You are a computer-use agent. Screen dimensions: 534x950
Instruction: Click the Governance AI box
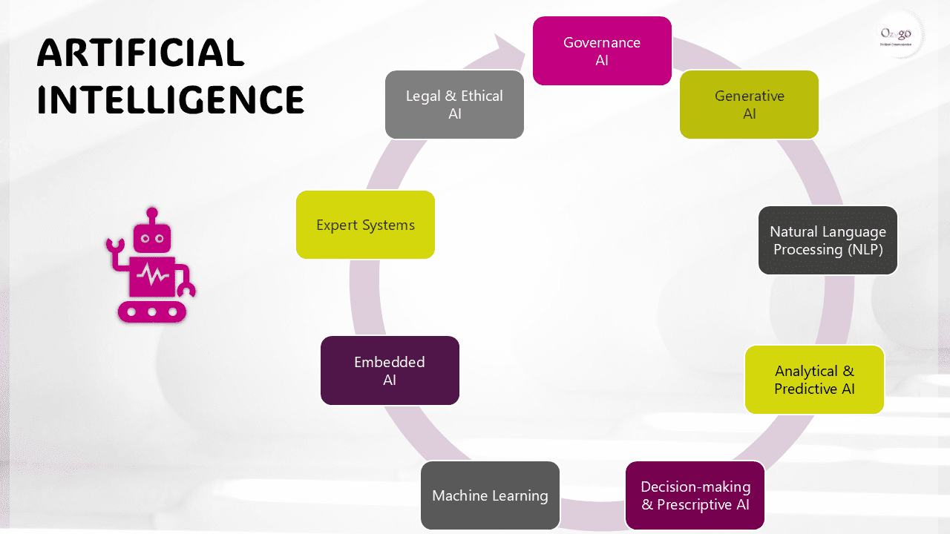tap(602, 50)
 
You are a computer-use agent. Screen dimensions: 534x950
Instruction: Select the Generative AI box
tap(749, 105)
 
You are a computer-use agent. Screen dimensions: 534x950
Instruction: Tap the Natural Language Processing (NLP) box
tap(828, 240)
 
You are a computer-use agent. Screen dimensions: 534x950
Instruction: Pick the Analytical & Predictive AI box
tap(814, 379)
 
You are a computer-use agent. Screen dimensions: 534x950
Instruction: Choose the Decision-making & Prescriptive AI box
tap(695, 495)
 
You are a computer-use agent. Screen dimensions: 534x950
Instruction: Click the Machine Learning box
tap(490, 495)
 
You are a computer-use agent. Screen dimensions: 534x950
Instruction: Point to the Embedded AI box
tap(390, 370)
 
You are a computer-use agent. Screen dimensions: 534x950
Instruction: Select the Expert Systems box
tap(365, 225)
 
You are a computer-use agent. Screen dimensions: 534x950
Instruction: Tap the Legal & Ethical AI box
tap(454, 105)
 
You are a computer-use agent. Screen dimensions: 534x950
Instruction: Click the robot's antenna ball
tap(152, 213)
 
